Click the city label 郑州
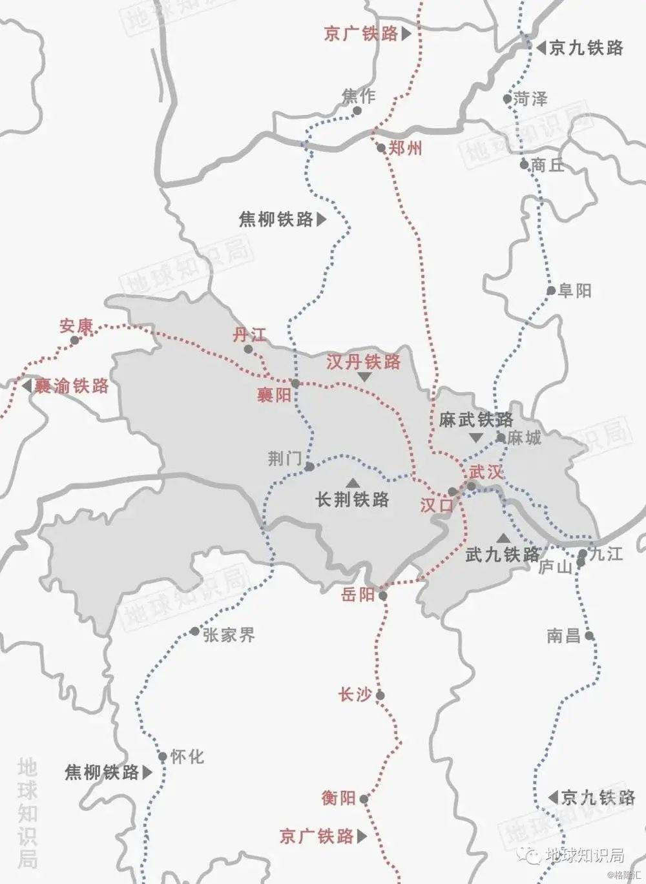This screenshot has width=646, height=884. point(406,149)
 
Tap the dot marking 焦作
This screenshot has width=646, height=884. point(357,111)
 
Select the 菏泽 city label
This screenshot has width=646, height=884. point(530,99)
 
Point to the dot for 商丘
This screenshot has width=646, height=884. point(525,165)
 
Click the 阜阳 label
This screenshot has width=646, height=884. point(574,291)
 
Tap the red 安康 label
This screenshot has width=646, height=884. point(76,326)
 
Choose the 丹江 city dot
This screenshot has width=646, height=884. point(249,349)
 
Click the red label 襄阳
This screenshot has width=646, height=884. point(274,395)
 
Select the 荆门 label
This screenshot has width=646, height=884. point(285,458)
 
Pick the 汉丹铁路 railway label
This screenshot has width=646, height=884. point(364,362)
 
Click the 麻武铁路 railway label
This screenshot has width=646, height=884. point(476,420)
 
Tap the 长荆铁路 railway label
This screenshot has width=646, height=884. point(352,499)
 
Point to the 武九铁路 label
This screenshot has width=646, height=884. point(503,554)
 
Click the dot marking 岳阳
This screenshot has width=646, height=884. point(383,595)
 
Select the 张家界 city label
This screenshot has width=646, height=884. point(229,635)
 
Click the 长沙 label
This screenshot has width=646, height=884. point(355,695)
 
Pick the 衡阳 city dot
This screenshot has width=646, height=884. point(364,799)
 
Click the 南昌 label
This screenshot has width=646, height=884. point(563,635)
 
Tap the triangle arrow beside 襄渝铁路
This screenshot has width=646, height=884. point(26,386)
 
